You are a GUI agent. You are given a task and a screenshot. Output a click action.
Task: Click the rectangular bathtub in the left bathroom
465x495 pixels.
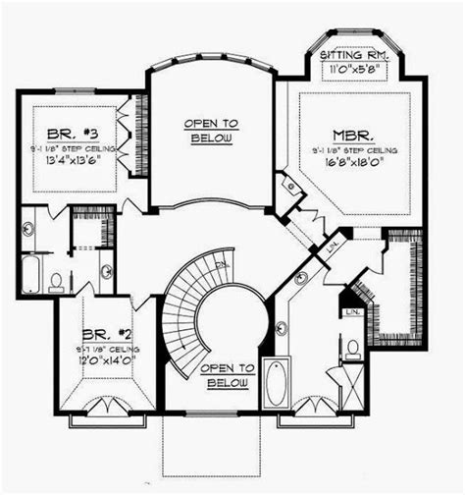(x=29, y=274)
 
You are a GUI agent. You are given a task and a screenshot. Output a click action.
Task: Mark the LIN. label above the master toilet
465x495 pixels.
(x=351, y=311)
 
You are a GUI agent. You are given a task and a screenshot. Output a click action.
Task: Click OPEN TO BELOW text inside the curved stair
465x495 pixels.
(x=227, y=373)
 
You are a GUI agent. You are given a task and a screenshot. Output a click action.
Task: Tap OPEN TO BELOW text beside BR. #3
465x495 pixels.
(x=211, y=132)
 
